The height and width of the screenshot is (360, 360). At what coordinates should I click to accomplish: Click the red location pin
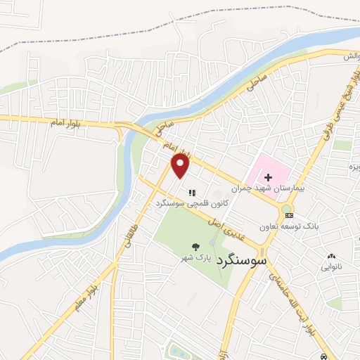coord(181,165)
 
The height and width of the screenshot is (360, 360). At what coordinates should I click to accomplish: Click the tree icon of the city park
coord(195,246)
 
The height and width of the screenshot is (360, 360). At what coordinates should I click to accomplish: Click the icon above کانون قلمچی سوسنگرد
coord(191,192)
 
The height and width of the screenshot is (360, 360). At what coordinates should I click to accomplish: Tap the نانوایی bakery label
coord(332,268)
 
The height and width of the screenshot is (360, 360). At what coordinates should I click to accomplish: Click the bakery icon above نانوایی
coord(332,257)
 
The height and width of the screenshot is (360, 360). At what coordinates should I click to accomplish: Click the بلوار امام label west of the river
coord(63,124)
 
